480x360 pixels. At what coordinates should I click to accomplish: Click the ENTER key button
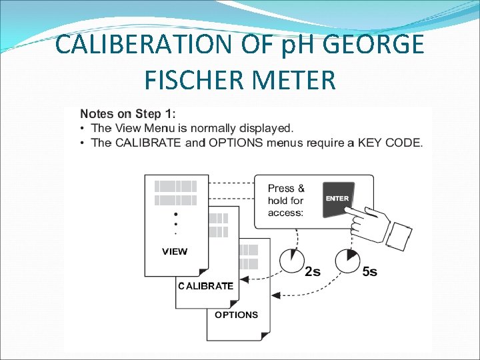[338, 199]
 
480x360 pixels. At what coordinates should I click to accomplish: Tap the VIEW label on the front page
[175, 251]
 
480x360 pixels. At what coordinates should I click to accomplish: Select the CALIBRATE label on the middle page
[206, 286]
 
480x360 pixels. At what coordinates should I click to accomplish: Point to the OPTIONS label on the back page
[236, 315]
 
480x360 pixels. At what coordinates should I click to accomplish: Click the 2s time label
[313, 271]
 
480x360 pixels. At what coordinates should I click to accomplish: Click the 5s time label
[369, 271]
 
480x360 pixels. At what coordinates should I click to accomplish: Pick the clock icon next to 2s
[291, 260]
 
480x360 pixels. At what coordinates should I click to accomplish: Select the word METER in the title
[295, 81]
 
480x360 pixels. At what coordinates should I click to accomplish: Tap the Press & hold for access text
[286, 200]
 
